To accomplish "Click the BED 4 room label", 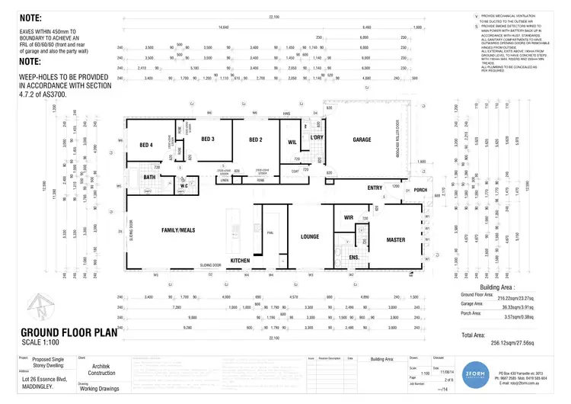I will pos(146,145).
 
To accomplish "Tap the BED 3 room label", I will pos(208,139).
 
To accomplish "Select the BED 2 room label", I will pos(254,140).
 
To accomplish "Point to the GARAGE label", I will pos(362,140).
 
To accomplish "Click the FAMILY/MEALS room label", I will pos(178,229).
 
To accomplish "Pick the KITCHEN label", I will pos(240,261).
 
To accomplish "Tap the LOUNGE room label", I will pos(309,237).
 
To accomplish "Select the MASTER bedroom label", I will pos(396,240).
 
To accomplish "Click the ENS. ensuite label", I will pos(354,258).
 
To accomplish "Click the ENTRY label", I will pos(375,188).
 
